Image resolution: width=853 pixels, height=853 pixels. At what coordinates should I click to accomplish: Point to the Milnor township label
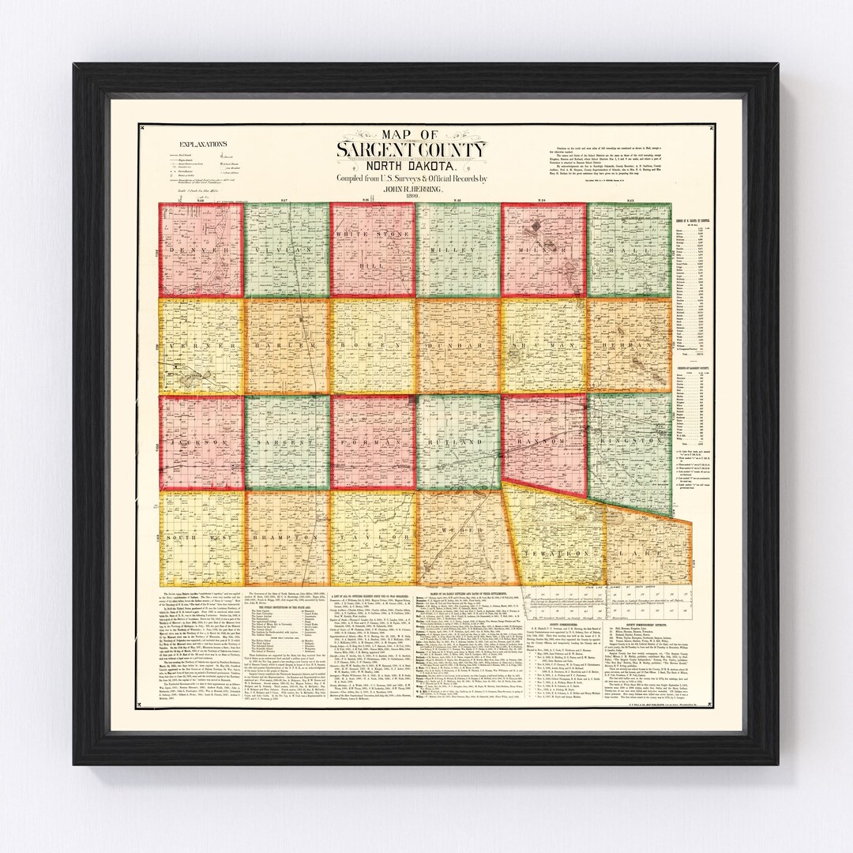[x=543, y=249]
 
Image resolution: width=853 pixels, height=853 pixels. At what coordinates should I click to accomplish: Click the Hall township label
[x=629, y=249]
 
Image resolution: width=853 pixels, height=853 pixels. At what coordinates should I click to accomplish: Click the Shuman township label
[x=543, y=346]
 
